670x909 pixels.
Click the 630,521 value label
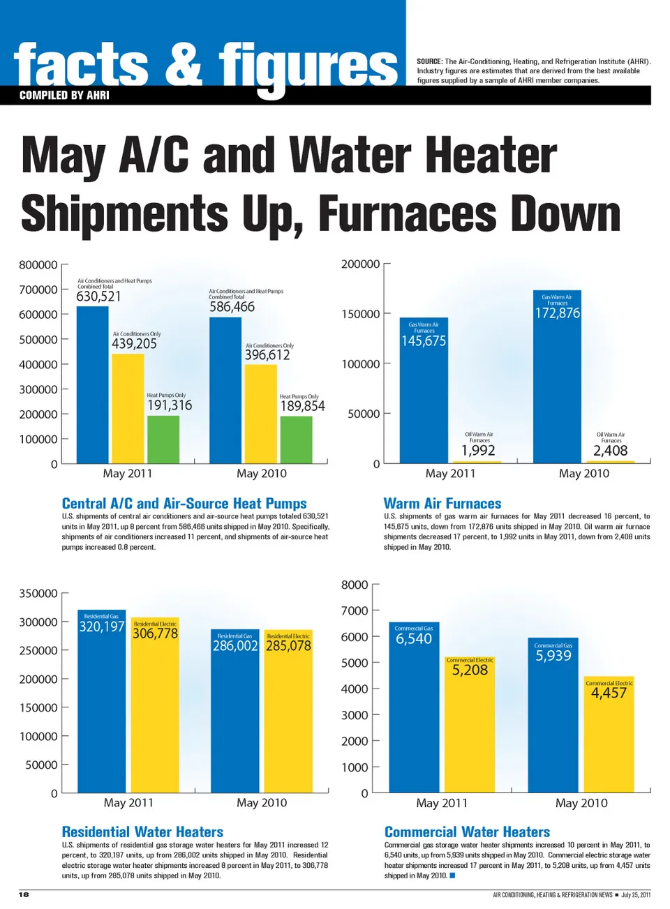coord(98,296)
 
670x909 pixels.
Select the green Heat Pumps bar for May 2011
coord(163,440)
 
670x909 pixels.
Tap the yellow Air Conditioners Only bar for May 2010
coord(260,414)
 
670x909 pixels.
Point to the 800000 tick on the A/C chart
coord(38,265)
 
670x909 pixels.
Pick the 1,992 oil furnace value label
coord(478,451)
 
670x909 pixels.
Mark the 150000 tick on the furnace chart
coord(361,314)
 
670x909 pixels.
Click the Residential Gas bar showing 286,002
coord(235,719)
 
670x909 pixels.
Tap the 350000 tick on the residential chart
coord(38,594)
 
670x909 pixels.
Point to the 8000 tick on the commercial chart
coord(355,585)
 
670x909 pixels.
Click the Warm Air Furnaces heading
coord(442,504)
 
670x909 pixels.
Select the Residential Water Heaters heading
coord(142,832)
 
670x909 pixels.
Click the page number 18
coord(24,894)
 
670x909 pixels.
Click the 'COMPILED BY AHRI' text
coord(64,96)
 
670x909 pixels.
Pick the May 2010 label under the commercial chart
coord(581,803)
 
